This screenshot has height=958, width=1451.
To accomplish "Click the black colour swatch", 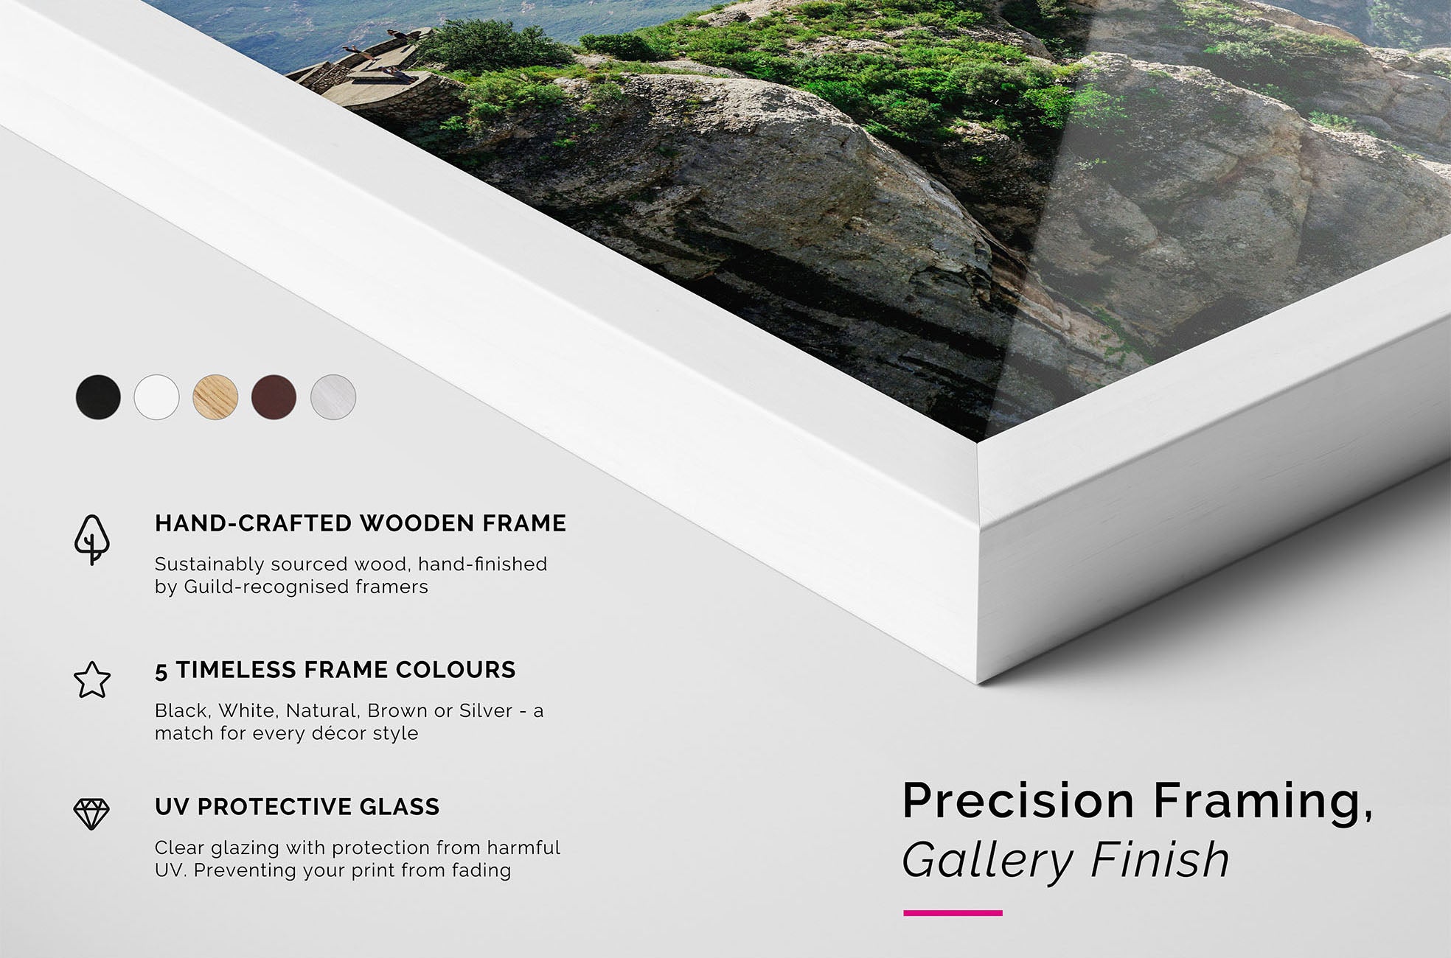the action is pos(98,397).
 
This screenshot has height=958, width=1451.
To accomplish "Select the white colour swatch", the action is pos(156,397).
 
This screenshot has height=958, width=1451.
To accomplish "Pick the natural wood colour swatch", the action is pos(215,397).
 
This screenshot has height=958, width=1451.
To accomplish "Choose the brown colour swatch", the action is pos(274,397).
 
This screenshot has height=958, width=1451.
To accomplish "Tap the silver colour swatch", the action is pos(333,397).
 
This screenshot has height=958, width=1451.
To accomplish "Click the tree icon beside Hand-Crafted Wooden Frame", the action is pos(92,540).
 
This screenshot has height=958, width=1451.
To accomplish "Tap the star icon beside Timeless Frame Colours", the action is pos(92,679).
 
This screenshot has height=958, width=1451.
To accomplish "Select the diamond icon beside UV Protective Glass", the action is pos(91,814).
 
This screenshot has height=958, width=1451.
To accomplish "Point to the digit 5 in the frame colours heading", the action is pos(161,671).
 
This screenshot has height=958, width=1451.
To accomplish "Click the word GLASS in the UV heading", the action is pos(400,807).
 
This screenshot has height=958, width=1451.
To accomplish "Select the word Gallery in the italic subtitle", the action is pos(989,860).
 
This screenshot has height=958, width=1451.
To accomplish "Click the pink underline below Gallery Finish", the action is pos(953,913).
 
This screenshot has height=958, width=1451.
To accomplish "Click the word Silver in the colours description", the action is pos(486,711).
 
